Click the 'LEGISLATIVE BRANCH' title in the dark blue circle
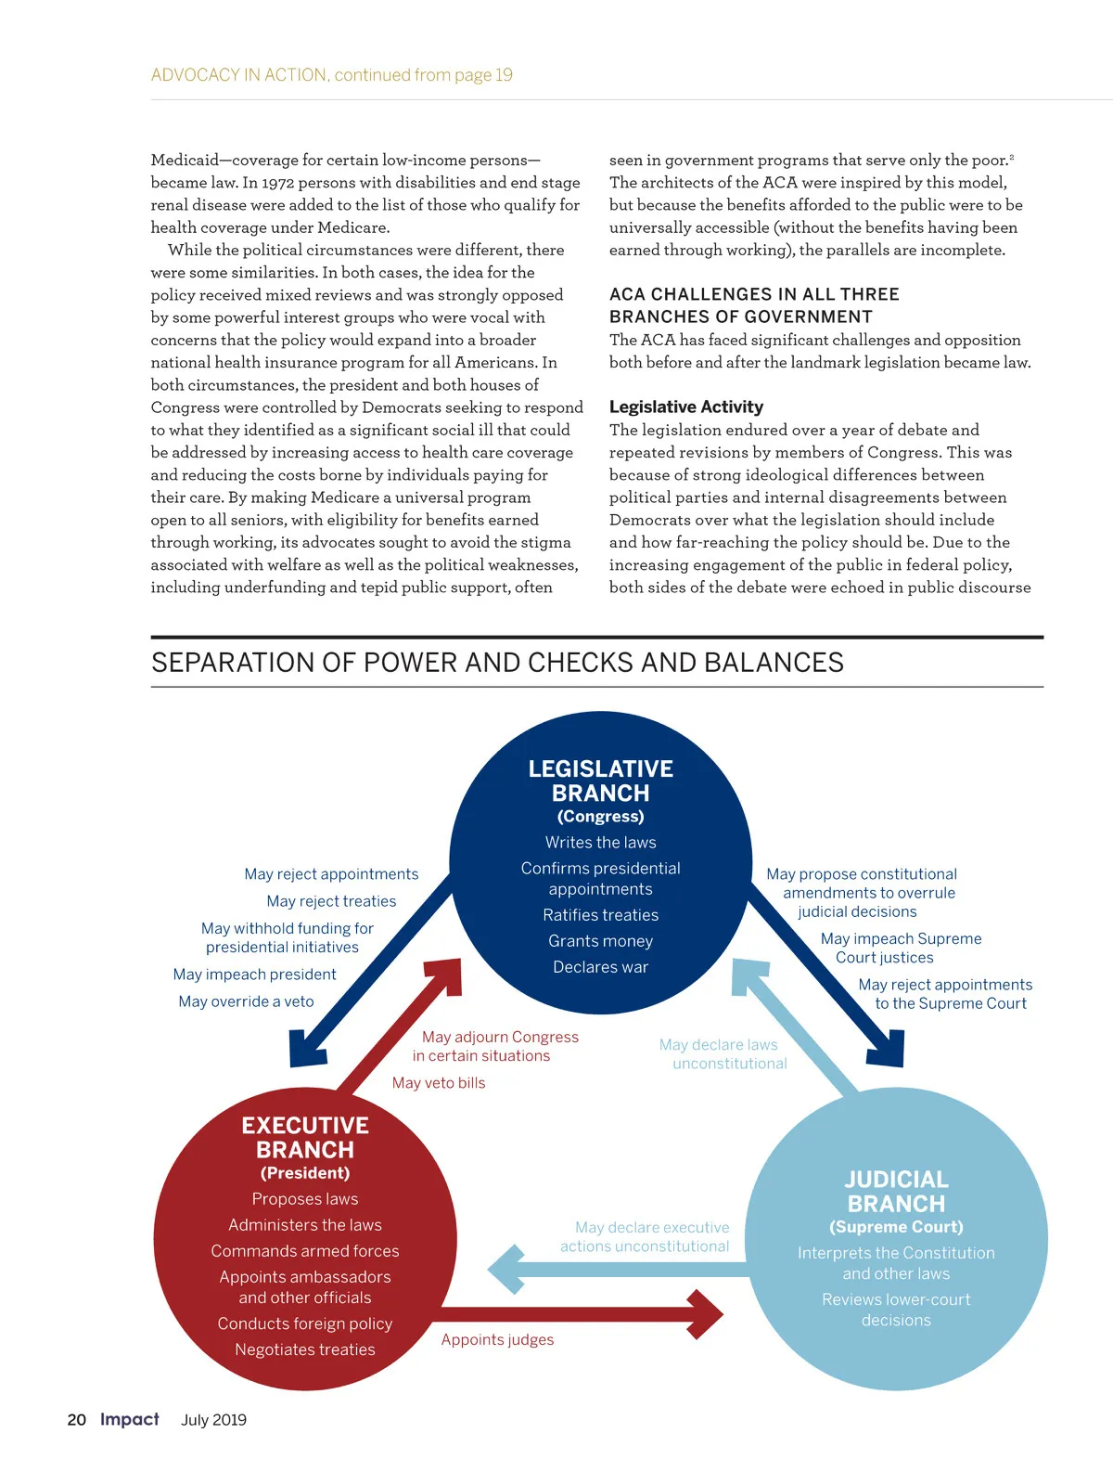pos(601,781)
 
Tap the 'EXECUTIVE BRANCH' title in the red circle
pos(305,1137)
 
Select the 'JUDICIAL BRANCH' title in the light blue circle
pos(896,1191)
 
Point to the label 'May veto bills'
pos(439,1082)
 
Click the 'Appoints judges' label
pos(497,1339)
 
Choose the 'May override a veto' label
pos(246,1001)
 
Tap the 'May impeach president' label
pos(254,974)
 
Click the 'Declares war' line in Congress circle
pos(600,966)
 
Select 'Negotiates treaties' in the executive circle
pos(305,1349)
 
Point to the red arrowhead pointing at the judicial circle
pos(707,1314)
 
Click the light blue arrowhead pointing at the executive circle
pos(505,1269)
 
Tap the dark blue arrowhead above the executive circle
pos(307,1049)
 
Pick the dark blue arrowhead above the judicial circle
pos(886,1049)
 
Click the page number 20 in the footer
pos(76,1419)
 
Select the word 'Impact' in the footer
pos(130,1419)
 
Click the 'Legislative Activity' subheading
pos(686,407)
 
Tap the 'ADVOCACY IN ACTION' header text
pos(239,75)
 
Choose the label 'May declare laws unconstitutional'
pos(723,1053)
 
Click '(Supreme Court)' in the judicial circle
pos(896,1226)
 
